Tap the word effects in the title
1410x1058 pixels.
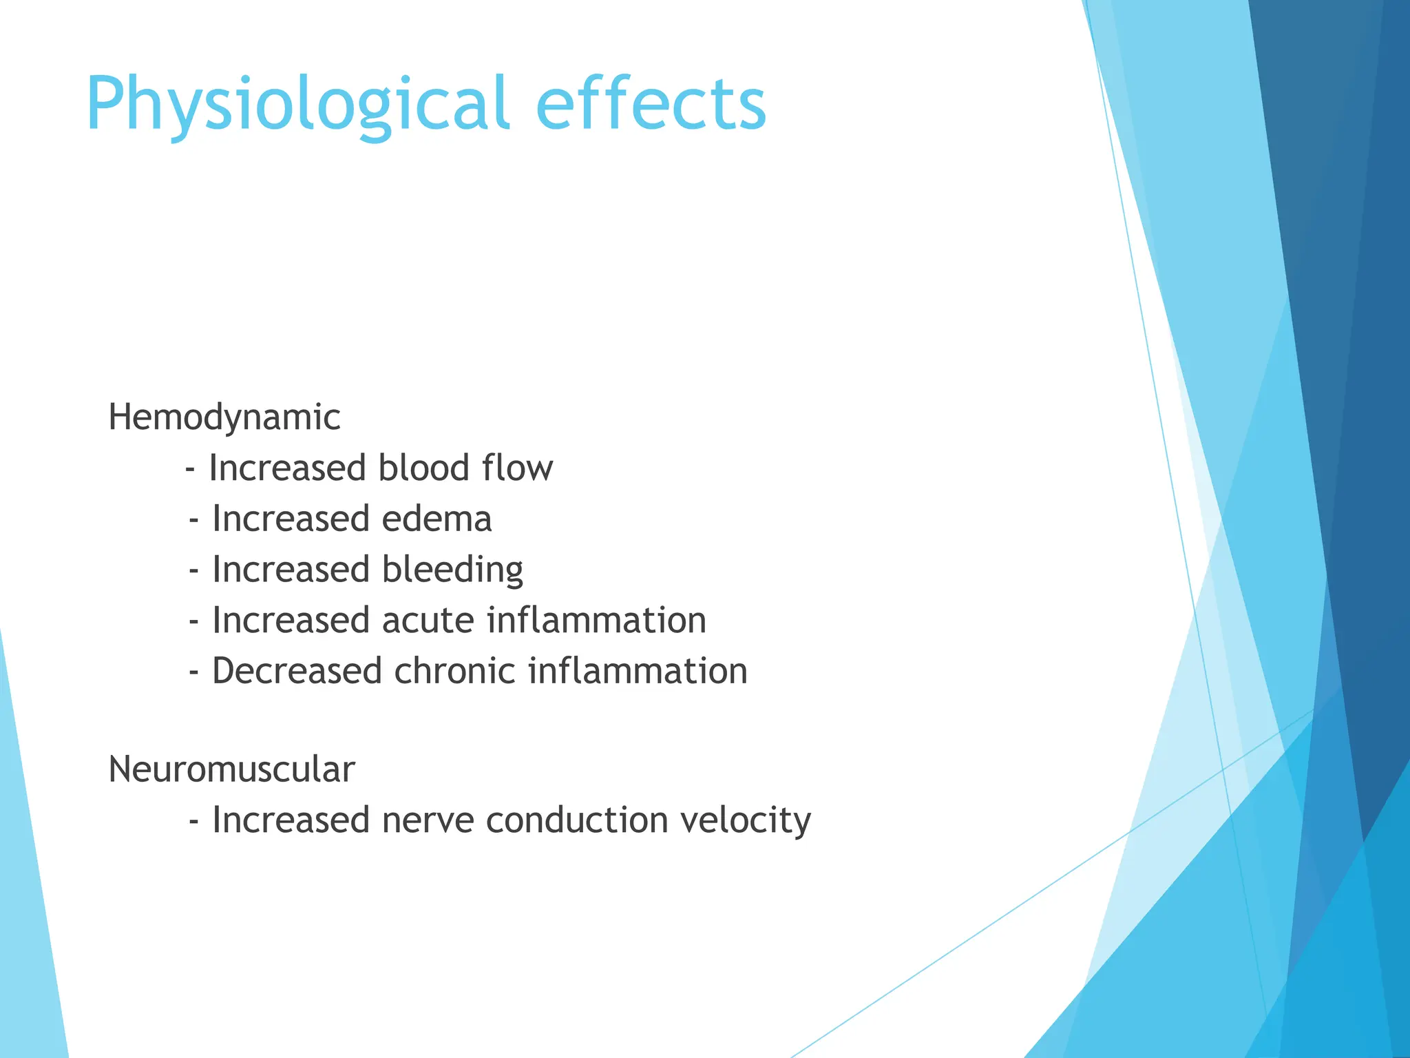[x=651, y=103]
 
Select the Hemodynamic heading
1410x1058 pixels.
[x=224, y=417]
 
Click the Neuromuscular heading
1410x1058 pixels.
[x=231, y=769]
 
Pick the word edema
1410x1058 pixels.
[x=436, y=519]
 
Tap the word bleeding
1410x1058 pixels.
[x=452, y=570]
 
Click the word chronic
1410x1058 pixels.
[x=454, y=672]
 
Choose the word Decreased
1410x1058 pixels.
[x=297, y=672]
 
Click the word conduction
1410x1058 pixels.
[x=576, y=820]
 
